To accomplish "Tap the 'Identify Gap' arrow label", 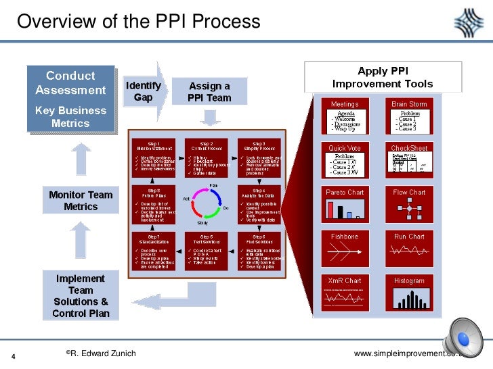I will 143,92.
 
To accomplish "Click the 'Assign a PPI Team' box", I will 209,92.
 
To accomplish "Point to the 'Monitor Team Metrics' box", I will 81,201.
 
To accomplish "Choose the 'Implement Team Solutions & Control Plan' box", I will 81,296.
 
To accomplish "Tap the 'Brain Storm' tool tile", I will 408,118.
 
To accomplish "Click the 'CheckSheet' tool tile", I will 408,162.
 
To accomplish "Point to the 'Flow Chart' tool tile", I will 408,206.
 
